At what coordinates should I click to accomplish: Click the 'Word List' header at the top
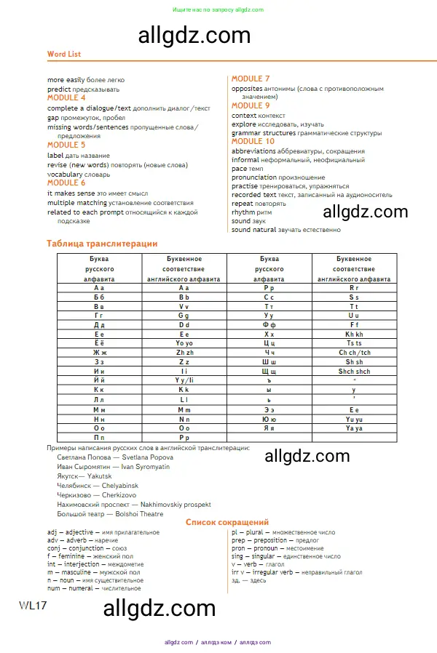(64, 54)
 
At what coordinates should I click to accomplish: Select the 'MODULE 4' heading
(66, 97)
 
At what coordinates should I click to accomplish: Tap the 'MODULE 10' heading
(253, 142)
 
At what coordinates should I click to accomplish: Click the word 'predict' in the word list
(59, 89)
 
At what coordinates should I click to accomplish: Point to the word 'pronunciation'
(254, 177)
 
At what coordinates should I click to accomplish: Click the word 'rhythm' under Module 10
(243, 212)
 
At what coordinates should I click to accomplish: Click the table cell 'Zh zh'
(184, 352)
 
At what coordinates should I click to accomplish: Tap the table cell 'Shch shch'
(354, 371)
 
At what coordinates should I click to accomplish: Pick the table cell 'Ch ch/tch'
(354, 352)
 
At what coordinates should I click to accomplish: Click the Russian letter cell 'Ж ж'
(100, 352)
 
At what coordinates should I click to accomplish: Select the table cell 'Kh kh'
(354, 334)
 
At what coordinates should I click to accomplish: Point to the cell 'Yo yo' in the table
(184, 342)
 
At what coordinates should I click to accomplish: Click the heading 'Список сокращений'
(227, 522)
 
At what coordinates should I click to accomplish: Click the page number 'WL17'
(33, 606)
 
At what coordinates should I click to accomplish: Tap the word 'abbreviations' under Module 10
(253, 151)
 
